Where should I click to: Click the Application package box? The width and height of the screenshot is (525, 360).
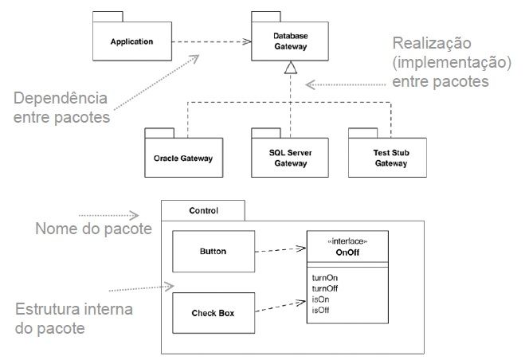pos(132,41)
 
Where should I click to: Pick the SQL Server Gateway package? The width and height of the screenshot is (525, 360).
pos(290,158)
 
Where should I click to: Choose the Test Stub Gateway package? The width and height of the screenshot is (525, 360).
pos(390,158)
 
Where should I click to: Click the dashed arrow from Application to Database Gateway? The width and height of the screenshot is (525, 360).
pos(212,41)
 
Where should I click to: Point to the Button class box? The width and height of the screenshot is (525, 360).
pos(213,252)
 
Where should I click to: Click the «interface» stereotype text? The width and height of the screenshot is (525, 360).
pos(347,240)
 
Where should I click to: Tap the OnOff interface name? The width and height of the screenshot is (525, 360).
pos(347,250)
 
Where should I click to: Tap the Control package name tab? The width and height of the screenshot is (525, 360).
pos(203,211)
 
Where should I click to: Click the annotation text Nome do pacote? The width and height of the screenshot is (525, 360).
pos(93,229)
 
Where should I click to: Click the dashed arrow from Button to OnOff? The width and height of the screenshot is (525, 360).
pos(280,250)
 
